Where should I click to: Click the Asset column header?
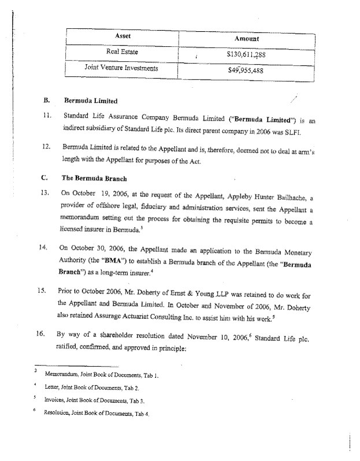coord(123,36)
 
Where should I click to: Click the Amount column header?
coord(247,38)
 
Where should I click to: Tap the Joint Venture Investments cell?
coord(122,69)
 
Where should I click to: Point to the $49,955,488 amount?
coord(247,72)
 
